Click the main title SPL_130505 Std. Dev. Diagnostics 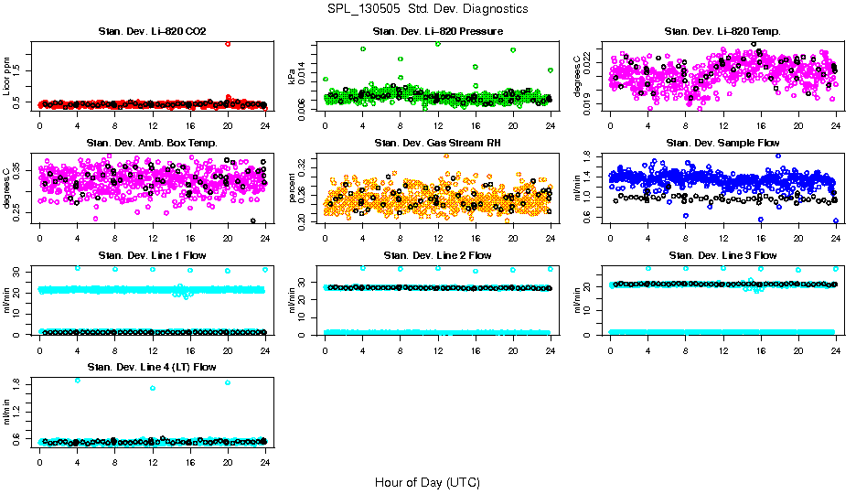pos(427,9)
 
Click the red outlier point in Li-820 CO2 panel pos(228,43)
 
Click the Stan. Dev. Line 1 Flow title pos(152,255)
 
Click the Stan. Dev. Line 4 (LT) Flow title pos(152,367)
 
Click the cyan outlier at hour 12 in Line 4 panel pos(153,388)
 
